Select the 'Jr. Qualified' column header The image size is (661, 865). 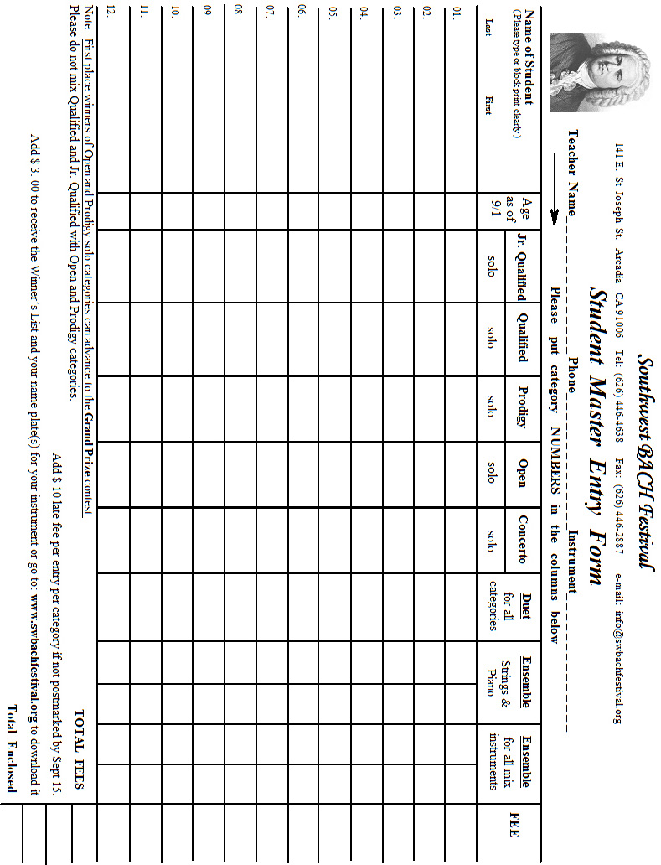pyautogui.click(x=523, y=266)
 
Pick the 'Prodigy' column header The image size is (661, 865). pyautogui.click(x=523, y=408)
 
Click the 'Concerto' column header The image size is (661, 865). pyautogui.click(x=523, y=540)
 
